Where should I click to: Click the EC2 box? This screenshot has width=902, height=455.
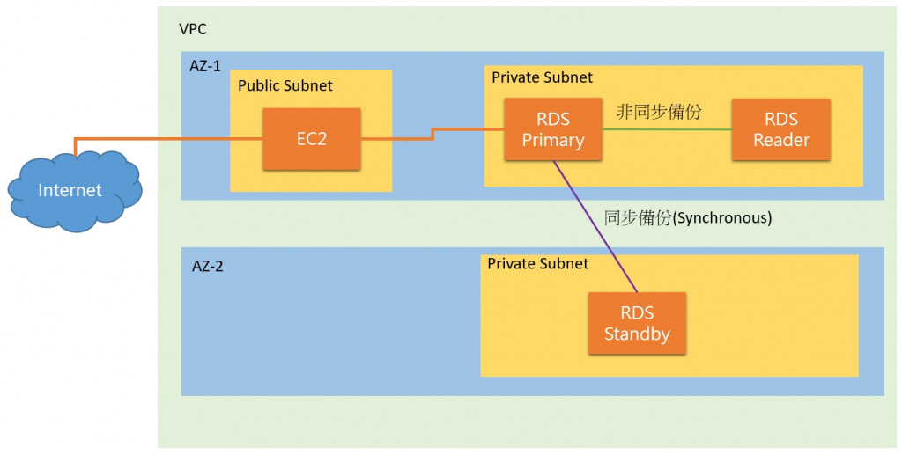(x=312, y=139)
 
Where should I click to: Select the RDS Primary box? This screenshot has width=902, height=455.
(x=553, y=129)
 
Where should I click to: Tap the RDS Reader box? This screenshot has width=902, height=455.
(x=780, y=129)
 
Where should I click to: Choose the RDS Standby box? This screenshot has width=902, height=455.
(x=637, y=323)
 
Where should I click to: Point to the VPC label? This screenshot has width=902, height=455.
(x=193, y=29)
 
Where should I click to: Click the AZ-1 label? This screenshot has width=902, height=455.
(x=205, y=65)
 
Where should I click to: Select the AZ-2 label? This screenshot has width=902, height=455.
(x=207, y=266)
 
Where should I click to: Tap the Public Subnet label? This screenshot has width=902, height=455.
(x=285, y=85)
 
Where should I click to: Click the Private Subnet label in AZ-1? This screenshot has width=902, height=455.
(x=542, y=77)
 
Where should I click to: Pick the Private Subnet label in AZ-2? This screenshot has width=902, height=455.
(x=537, y=263)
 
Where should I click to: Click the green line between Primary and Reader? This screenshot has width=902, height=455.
(x=667, y=129)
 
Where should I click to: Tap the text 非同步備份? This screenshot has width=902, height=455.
(x=659, y=112)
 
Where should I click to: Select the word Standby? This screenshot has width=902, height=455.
(x=637, y=334)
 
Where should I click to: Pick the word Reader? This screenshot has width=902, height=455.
(x=780, y=141)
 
